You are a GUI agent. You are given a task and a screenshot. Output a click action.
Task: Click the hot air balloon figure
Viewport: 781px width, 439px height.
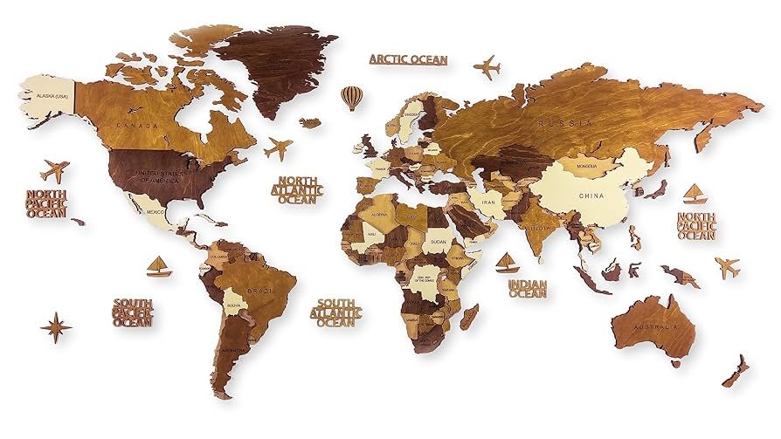point(351,96)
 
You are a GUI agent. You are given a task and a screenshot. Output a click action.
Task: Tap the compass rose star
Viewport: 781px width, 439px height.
point(56,327)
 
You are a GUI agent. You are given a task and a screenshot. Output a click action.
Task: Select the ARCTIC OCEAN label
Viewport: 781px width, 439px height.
point(408,59)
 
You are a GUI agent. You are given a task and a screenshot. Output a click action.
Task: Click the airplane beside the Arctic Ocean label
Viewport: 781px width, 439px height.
point(487,66)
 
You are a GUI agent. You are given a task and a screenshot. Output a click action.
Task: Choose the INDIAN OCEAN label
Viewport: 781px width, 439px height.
point(528,289)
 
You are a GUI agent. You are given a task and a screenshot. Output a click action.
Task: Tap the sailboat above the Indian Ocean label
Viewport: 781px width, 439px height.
point(506,262)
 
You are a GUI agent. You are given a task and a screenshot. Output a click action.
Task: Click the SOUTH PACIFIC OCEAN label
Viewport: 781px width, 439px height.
point(133,312)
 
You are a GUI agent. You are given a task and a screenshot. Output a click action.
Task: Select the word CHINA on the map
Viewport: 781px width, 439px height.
point(591,196)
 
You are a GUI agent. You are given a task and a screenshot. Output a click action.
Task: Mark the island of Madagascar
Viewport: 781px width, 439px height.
point(470,316)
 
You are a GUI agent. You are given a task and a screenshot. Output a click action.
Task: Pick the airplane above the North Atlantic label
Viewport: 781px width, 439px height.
point(279,148)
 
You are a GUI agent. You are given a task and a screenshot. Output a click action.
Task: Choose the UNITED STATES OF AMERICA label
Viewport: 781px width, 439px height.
point(159,178)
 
